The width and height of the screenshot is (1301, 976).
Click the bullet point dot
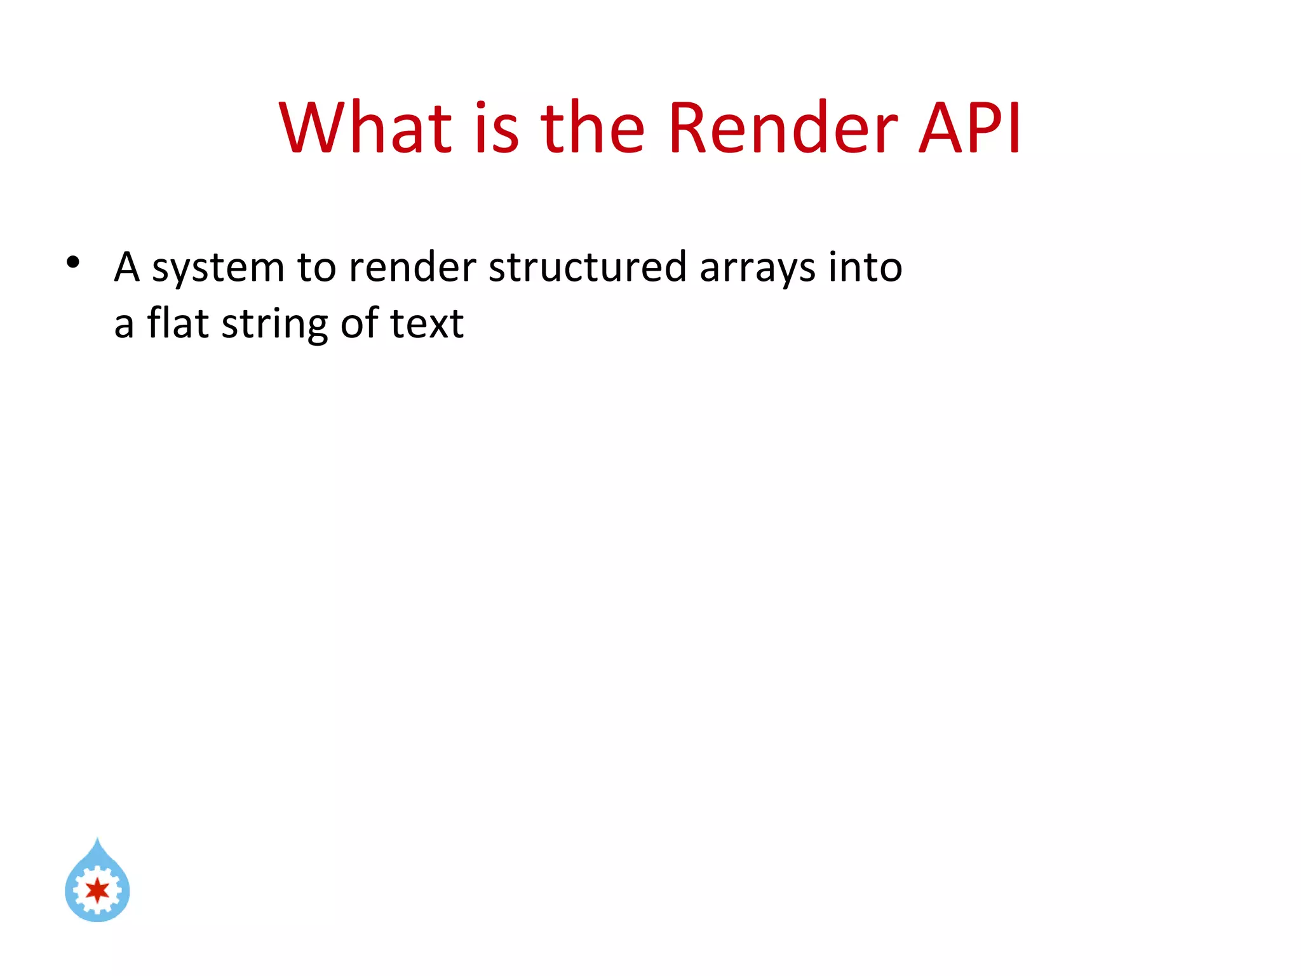coord(73,262)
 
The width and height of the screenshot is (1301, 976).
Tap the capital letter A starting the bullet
coord(126,267)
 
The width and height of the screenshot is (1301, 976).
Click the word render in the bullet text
coord(412,267)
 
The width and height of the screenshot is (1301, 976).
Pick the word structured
coord(588,267)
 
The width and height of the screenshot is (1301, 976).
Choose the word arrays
coord(757,269)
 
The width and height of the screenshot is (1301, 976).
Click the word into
coord(865,267)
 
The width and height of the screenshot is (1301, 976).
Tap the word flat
coord(179,323)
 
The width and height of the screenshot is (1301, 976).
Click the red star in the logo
coord(97,890)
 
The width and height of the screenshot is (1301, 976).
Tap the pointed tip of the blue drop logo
coord(97,841)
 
